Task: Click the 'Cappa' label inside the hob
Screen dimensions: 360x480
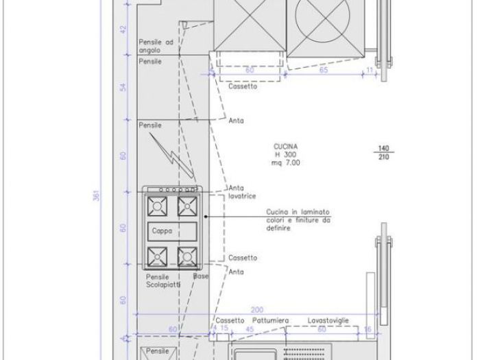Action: pos(162,231)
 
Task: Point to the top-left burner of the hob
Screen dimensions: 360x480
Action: pos(156,205)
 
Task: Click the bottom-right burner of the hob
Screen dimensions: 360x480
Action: pos(187,257)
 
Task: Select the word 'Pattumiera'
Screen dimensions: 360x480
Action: pos(271,320)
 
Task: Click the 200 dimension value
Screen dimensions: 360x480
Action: pos(256,310)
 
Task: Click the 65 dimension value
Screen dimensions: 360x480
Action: pos(323,71)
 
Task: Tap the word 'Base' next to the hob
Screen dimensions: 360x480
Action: pos(200,276)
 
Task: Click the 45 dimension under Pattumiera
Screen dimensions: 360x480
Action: pos(250,329)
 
